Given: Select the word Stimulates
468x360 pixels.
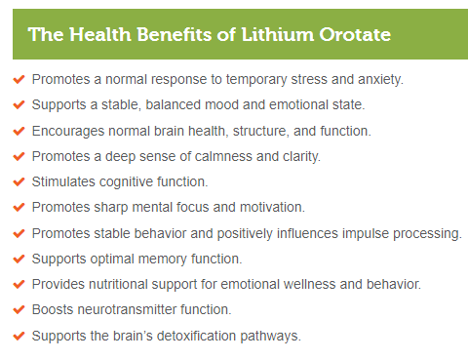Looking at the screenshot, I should [x=64, y=181].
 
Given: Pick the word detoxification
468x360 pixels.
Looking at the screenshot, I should [x=202, y=336].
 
